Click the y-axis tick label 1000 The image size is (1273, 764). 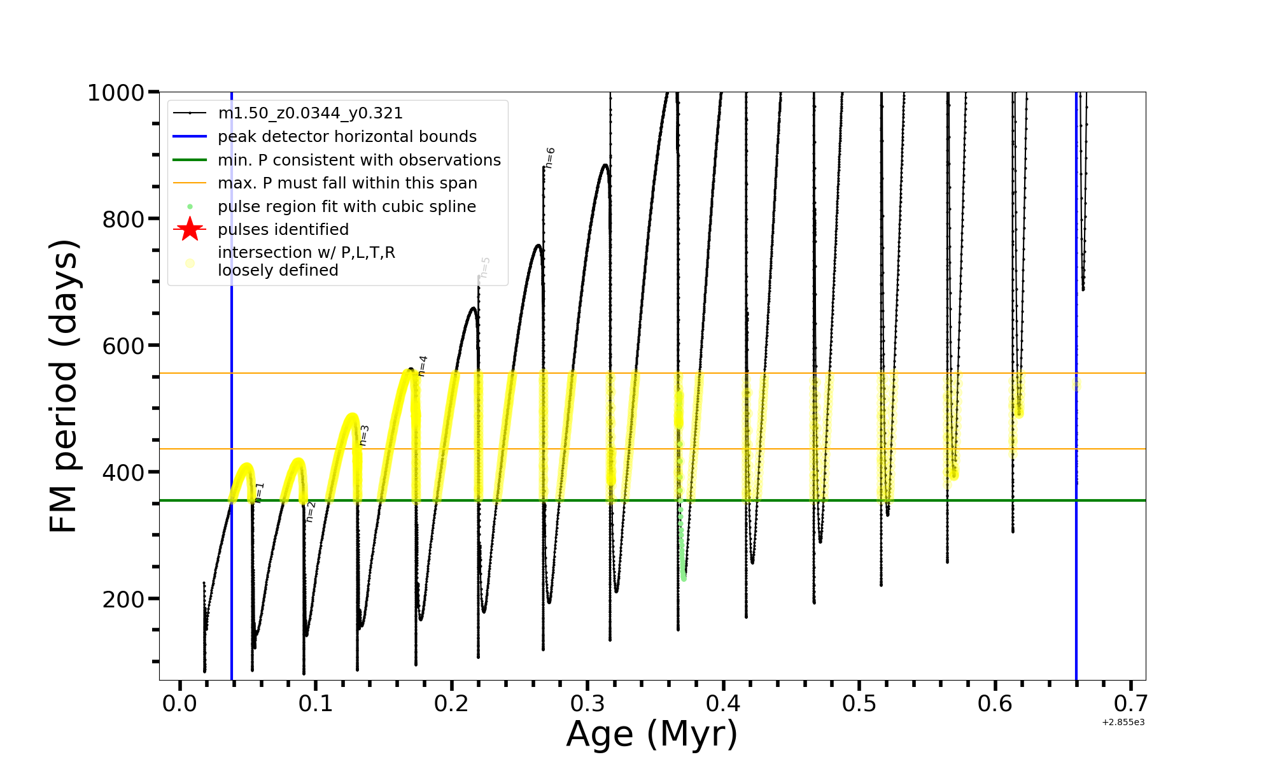tap(115, 93)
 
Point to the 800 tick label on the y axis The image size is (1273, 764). tap(123, 220)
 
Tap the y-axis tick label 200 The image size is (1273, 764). tap(123, 599)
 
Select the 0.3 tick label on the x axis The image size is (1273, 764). tap(587, 704)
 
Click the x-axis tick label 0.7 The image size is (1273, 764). tap(1131, 704)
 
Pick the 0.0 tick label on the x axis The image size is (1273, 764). tap(180, 704)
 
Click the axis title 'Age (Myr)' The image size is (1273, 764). tap(652, 733)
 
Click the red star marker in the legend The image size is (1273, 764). tap(190, 229)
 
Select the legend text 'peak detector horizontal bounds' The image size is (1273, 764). tap(347, 137)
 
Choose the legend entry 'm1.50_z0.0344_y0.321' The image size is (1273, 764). tap(310, 113)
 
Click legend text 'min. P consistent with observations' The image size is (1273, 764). tap(359, 160)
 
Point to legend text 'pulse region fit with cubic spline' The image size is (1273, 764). tap(346, 207)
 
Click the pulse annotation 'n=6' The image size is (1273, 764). tap(550, 158)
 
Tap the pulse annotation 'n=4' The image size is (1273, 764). tap(423, 366)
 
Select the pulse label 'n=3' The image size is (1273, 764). tap(364, 435)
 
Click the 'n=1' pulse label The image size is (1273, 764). tap(259, 493)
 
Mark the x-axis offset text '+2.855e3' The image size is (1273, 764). tap(1123, 722)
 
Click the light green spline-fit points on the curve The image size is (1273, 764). tap(682, 548)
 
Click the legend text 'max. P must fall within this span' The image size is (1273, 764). tap(347, 183)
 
